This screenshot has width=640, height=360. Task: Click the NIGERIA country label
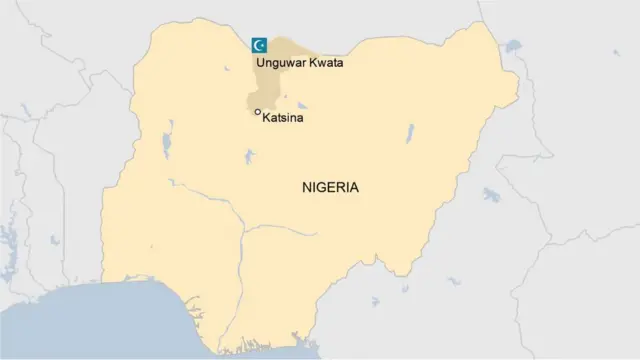click(330, 187)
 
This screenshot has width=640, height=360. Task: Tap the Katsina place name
click(282, 118)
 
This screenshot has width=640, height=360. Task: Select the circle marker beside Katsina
click(257, 112)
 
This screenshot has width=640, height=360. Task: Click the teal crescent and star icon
click(259, 44)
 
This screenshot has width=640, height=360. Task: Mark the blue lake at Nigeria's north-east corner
click(513, 45)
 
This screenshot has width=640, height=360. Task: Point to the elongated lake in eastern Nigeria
click(410, 133)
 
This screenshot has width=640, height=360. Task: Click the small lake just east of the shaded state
click(301, 105)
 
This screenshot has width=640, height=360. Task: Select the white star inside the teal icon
click(263, 44)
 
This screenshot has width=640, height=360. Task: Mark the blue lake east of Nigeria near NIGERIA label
click(492, 195)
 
